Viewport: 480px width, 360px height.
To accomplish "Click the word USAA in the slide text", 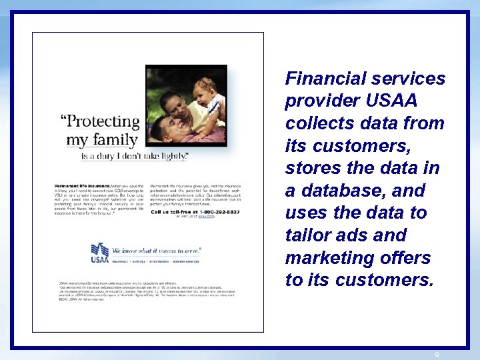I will (x=392, y=101).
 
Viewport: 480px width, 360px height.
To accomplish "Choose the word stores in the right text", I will (x=311, y=168).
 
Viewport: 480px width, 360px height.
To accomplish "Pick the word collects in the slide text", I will (x=317, y=123).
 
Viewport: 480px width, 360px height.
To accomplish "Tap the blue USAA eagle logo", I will (x=100, y=252).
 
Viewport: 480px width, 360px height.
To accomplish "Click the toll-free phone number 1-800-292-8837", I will (x=213, y=211).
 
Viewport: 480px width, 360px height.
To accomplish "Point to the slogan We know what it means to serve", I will (x=157, y=251).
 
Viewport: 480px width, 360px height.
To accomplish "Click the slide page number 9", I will (x=437, y=354).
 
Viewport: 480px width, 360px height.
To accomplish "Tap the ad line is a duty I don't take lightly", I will (x=134, y=156).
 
